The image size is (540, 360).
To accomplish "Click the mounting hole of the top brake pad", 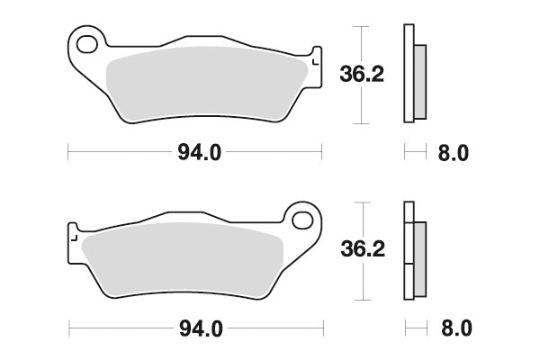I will click(x=86, y=42).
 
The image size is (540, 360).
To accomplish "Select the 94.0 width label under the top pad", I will click(x=197, y=153).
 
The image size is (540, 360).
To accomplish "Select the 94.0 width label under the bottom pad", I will click(x=197, y=328).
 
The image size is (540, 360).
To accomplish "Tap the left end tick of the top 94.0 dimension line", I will click(x=69, y=153).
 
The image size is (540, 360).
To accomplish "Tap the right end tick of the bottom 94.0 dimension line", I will click(x=321, y=328).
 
